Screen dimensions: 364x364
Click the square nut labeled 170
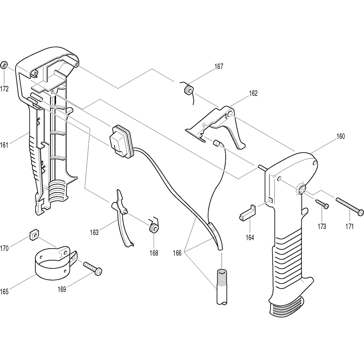33,236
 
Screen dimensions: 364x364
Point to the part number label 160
340,137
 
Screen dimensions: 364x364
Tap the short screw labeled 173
322,203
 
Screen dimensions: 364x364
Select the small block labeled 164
248,213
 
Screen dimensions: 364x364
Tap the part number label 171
349,227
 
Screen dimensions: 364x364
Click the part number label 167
219,67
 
